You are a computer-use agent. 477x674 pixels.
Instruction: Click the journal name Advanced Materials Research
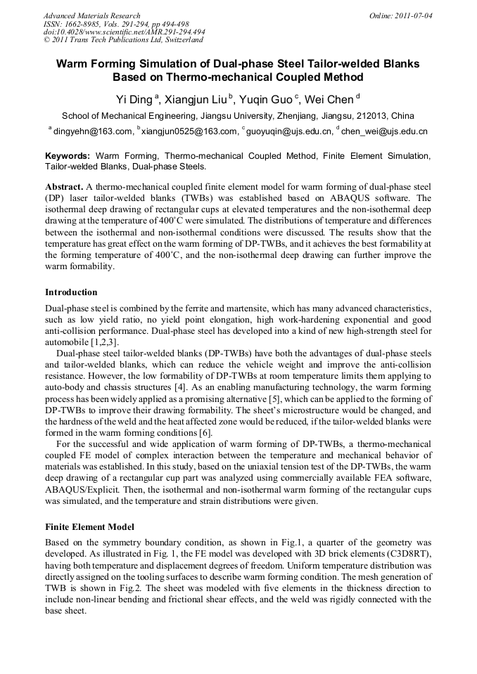click(x=91, y=15)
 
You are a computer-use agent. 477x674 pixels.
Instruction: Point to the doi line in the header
click(x=125, y=32)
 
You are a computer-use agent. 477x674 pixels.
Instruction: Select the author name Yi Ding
click(x=134, y=99)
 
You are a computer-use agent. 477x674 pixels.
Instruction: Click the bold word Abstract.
click(x=64, y=188)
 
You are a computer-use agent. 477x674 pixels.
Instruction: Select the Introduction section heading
click(x=71, y=292)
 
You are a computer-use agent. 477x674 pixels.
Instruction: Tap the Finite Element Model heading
click(x=89, y=526)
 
